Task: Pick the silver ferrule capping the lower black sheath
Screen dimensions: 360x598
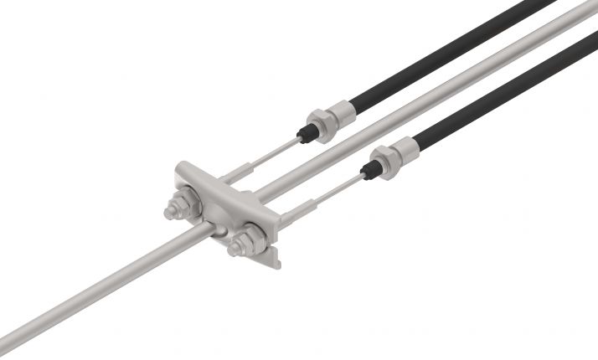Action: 405,148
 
